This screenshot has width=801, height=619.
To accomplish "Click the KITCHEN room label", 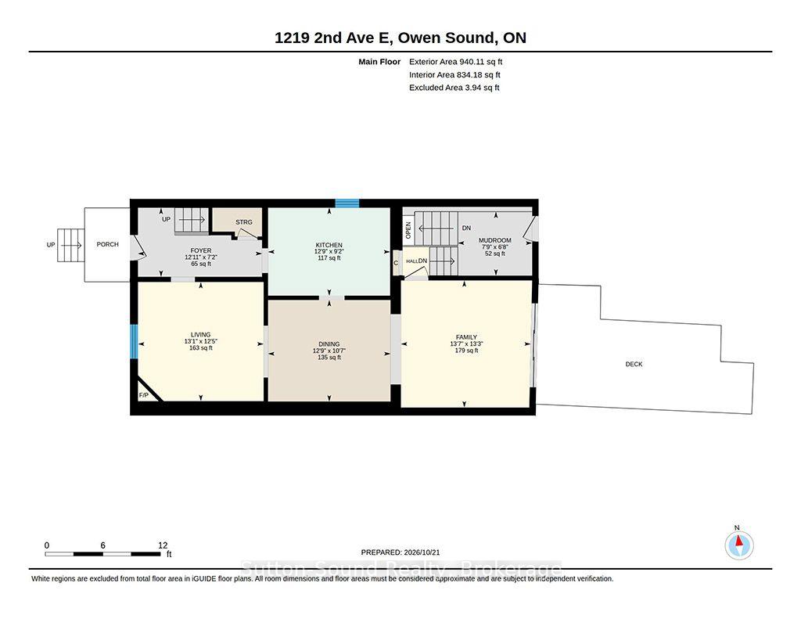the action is tap(329, 246).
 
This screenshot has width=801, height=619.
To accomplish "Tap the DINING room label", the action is tap(329, 344).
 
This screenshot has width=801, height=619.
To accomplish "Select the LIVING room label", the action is tap(200, 335).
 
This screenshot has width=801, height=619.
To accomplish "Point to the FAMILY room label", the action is tap(466, 337).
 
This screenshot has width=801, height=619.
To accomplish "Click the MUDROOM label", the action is tap(494, 240).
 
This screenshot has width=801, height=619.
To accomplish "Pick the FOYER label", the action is tap(201, 250).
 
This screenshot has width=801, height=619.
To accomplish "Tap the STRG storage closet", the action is tap(238, 221).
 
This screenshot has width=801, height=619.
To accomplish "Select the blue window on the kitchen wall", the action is tap(347, 203).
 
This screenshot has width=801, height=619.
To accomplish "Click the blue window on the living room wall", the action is tap(134, 341).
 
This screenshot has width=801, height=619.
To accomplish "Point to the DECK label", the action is tap(634, 364).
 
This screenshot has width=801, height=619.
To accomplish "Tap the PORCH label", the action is tap(107, 244).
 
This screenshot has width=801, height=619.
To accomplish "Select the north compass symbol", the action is tap(738, 545).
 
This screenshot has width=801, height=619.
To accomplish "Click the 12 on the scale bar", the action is tap(163, 545).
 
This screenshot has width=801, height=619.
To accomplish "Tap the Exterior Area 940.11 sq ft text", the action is tap(456, 62).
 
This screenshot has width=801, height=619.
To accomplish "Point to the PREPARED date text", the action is tap(400, 552).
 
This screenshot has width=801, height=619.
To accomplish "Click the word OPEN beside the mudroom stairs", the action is tap(408, 230).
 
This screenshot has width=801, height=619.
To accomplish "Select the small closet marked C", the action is tap(396, 263).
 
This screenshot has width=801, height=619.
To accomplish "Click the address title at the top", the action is tap(400, 38).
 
